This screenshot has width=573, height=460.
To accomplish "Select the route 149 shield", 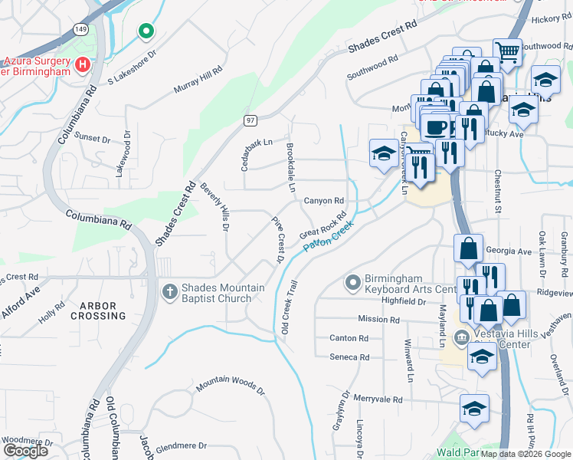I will pos(81,28).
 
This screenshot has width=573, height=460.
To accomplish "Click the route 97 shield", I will pos(250,120).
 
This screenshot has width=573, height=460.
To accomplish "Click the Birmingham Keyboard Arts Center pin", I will pos(353,283).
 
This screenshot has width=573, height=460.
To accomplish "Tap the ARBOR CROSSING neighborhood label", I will pos(98,310).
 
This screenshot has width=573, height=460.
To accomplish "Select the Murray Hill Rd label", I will pos(198,80).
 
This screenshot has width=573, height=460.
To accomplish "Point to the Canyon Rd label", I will pos(324,201).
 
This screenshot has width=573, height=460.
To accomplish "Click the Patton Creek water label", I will pos(331,236).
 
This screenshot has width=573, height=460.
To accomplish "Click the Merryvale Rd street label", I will pos(378,399).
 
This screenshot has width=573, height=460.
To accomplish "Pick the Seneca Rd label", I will pos(349,357).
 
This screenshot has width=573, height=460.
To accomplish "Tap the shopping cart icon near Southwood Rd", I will pos(506,52).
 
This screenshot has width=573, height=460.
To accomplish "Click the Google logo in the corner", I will pos(25,450).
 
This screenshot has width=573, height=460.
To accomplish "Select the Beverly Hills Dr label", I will pos(215,206).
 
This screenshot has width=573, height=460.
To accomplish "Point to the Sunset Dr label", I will pos(92,138).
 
